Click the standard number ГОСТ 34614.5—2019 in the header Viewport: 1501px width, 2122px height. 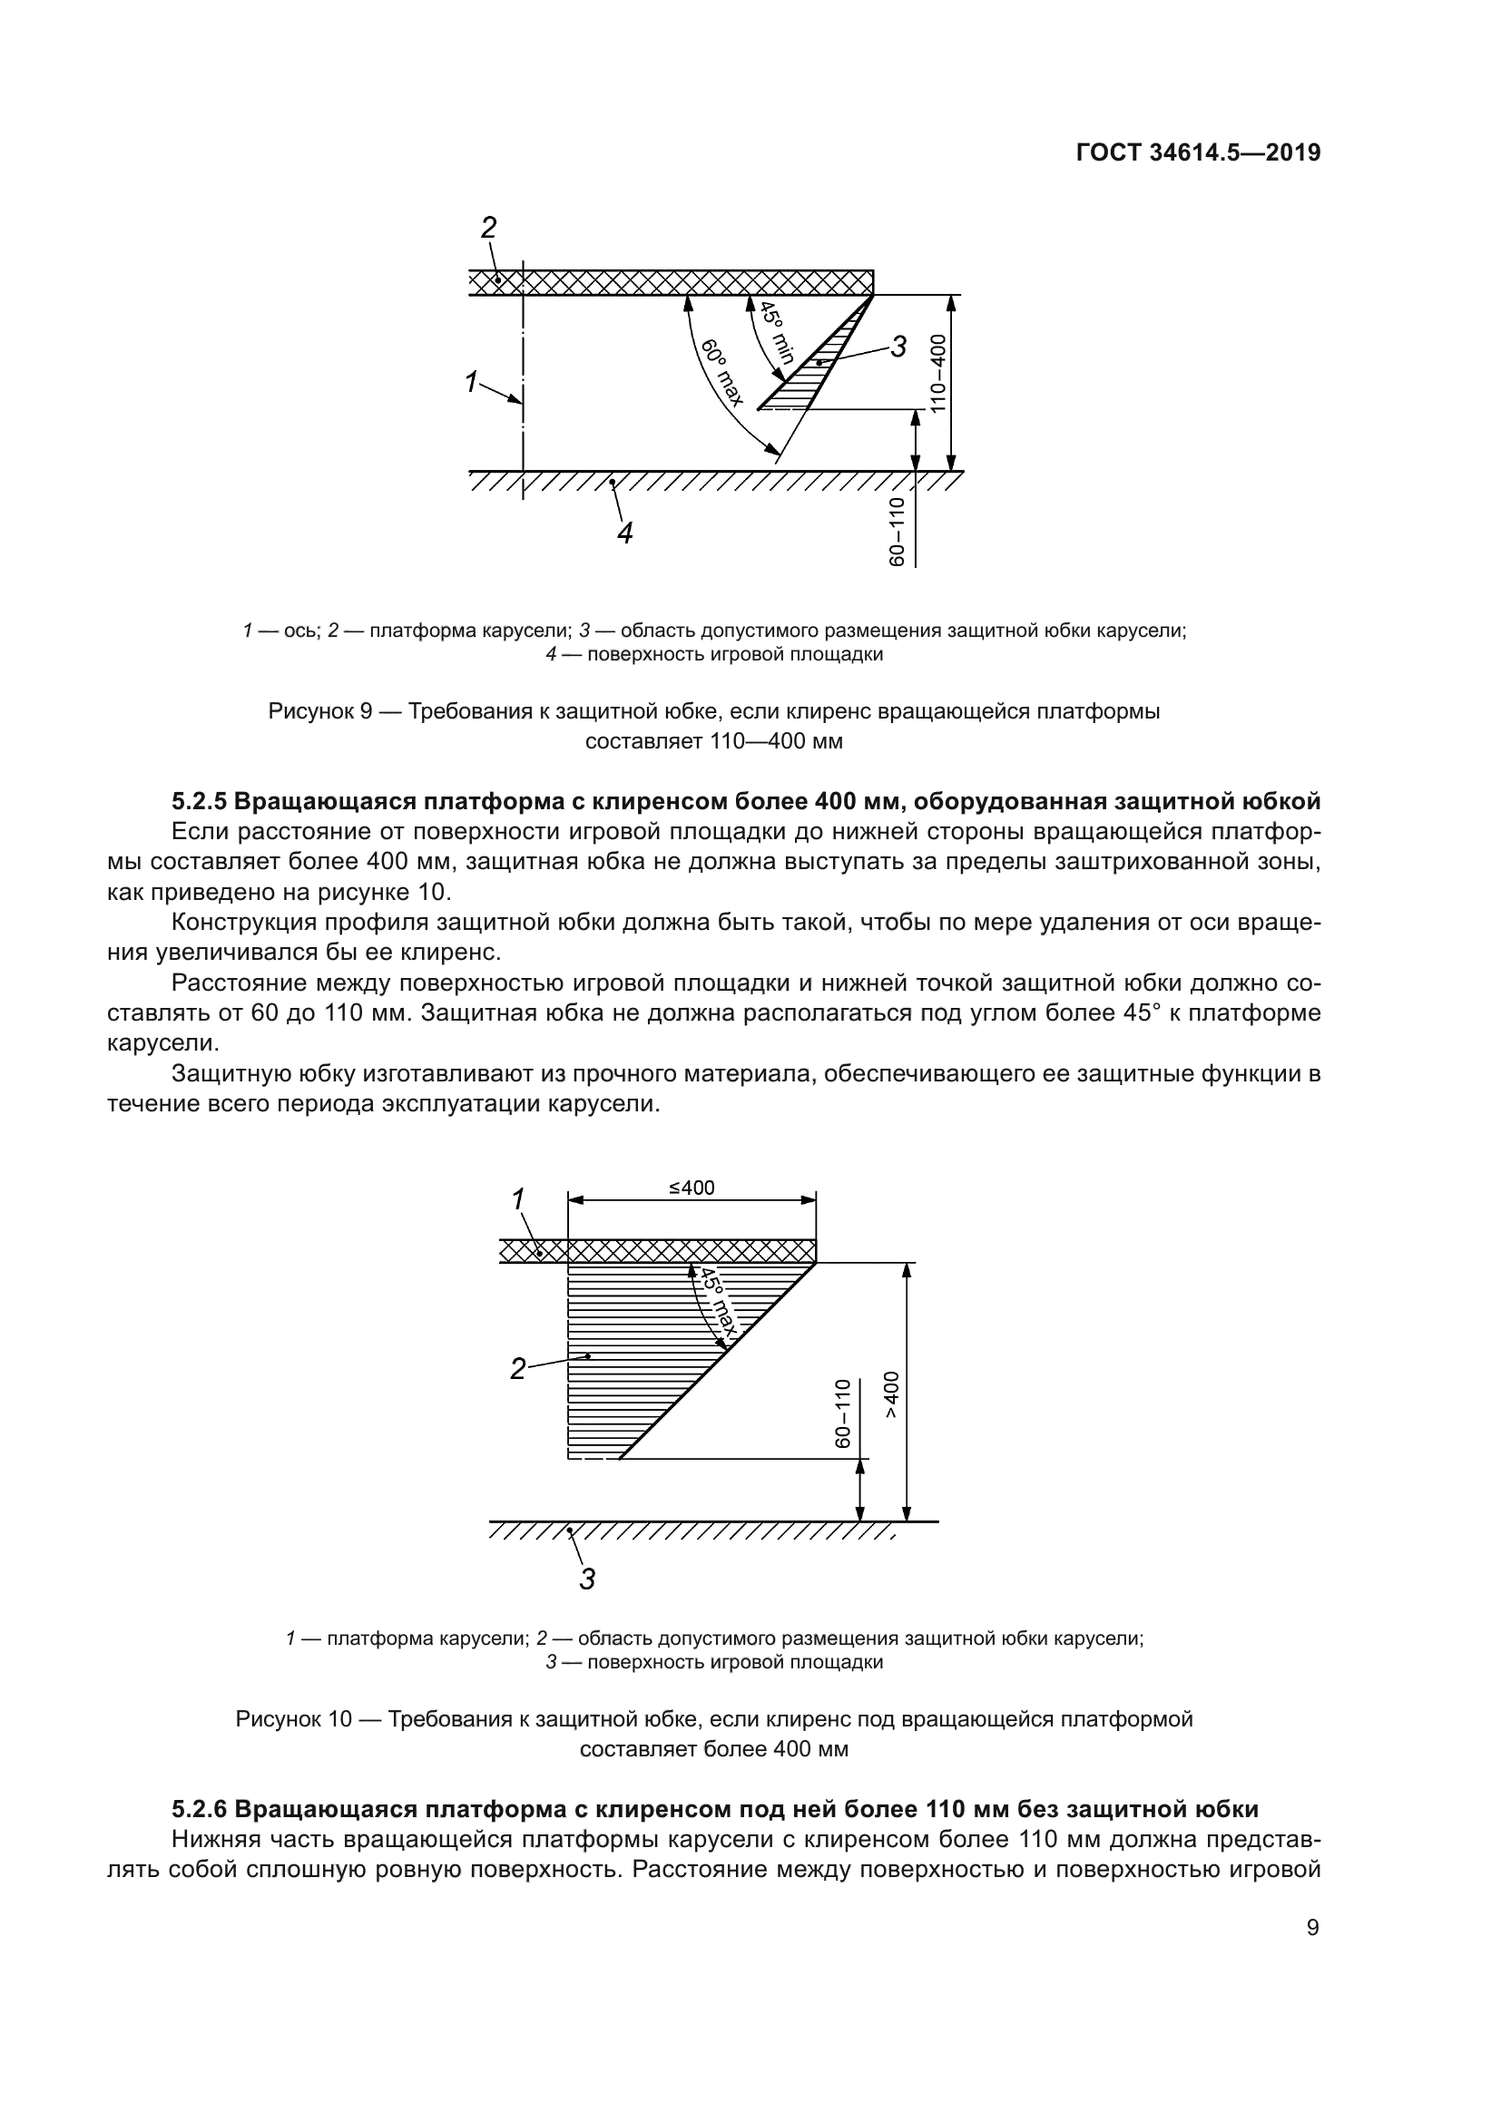[1198, 153]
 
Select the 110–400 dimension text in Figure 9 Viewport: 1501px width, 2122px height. [938, 374]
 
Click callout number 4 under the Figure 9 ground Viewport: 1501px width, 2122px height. [624, 533]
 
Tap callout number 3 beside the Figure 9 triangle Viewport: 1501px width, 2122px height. [898, 347]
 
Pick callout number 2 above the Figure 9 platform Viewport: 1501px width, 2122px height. [489, 228]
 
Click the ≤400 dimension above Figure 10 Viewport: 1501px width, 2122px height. [692, 1188]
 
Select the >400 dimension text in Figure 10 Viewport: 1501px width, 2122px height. [890, 1394]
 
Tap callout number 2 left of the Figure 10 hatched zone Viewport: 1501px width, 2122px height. [517, 1369]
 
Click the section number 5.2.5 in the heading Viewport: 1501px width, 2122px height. [200, 801]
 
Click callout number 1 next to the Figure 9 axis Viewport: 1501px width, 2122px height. [470, 382]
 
